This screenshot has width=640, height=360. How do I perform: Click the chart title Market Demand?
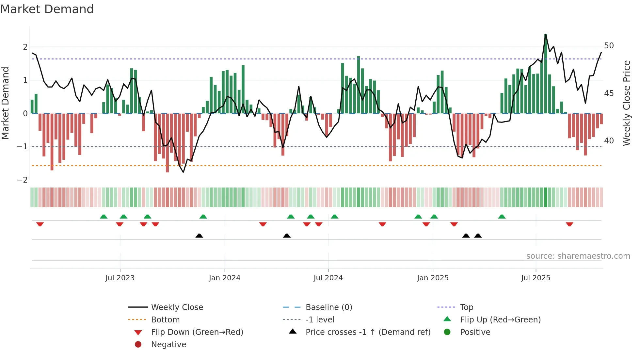pyautogui.click(x=47, y=9)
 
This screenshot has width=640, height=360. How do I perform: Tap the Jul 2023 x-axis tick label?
pyautogui.click(x=120, y=278)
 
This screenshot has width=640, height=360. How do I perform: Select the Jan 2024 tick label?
pyautogui.click(x=225, y=278)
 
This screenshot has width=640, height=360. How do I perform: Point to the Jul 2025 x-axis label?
pyautogui.click(x=536, y=278)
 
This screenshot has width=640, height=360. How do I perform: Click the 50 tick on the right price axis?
pyautogui.click(x=609, y=46)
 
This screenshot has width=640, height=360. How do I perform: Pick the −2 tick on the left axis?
pyautogui.click(x=22, y=180)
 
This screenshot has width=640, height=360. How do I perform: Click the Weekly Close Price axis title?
pyautogui.click(x=626, y=103)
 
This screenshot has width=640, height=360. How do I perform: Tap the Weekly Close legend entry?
pyautogui.click(x=177, y=307)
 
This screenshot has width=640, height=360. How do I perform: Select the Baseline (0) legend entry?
pyautogui.click(x=328, y=307)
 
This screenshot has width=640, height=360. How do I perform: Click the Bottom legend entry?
pyautogui.click(x=165, y=320)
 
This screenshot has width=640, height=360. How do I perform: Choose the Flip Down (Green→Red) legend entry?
pyautogui.click(x=197, y=332)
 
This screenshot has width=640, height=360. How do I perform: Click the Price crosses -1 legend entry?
pyautogui.click(x=368, y=332)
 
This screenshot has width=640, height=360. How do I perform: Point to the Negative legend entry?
pyautogui.click(x=168, y=345)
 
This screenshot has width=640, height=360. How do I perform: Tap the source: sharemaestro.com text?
pyautogui.click(x=578, y=256)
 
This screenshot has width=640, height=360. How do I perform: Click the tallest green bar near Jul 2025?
pyautogui.click(x=546, y=74)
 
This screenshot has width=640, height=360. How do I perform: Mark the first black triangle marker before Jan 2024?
pyautogui.click(x=199, y=236)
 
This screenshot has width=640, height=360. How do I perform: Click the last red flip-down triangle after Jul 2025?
pyautogui.click(x=569, y=224)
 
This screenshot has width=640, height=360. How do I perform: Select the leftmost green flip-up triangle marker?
pyautogui.click(x=104, y=217)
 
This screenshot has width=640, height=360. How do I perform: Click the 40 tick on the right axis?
pyautogui.click(x=609, y=141)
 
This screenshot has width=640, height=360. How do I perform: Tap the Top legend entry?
pyautogui.click(x=466, y=307)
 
